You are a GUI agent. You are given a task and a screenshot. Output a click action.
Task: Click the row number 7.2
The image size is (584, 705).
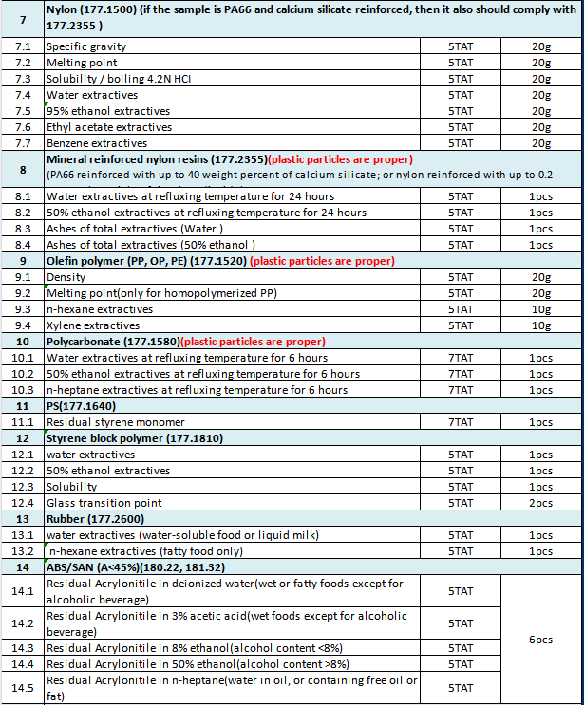tap(21, 63)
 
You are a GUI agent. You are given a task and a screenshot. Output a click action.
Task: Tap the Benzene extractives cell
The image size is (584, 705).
tap(96, 143)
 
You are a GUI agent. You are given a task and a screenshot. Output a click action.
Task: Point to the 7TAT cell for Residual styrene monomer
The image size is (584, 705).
tap(460, 422)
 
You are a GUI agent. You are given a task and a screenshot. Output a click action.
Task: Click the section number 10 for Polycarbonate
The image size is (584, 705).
tap(21, 342)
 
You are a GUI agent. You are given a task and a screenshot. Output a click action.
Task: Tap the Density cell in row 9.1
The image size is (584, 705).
tap(66, 277)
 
